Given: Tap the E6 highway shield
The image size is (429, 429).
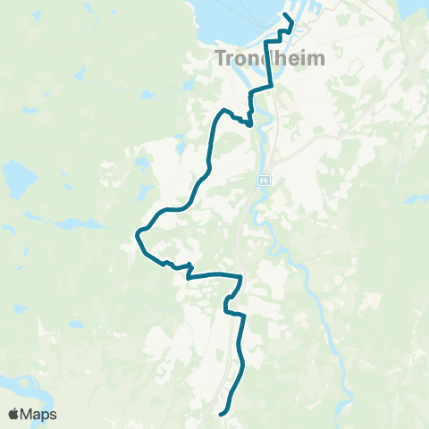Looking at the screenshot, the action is tap(265, 181).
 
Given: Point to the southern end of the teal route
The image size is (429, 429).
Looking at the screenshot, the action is tap(221, 413).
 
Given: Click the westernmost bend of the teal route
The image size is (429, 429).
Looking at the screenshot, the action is tap(137, 235).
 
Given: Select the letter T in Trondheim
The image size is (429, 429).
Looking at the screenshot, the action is tap(222, 59).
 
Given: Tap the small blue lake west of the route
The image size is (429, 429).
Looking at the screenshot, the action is tap(140, 164).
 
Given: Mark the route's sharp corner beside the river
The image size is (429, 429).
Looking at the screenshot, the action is tap(249, 125).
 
